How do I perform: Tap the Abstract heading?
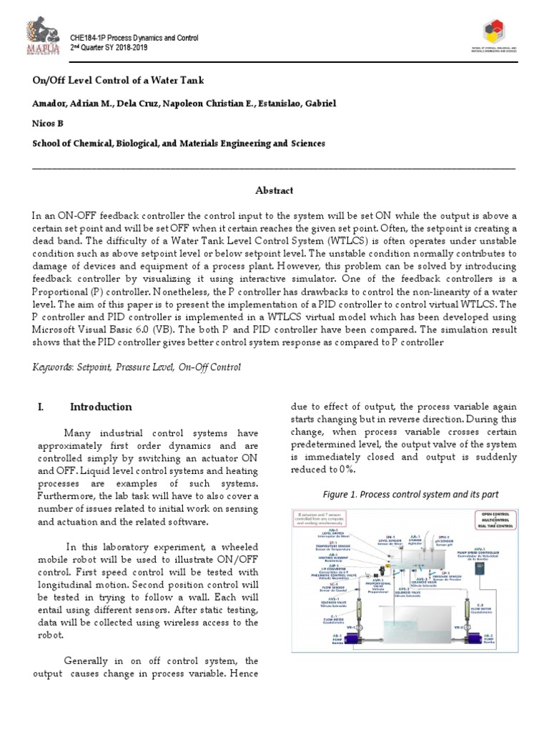click(x=274, y=190)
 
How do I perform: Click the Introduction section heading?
click(x=101, y=407)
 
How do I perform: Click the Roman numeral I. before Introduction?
click(x=40, y=407)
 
